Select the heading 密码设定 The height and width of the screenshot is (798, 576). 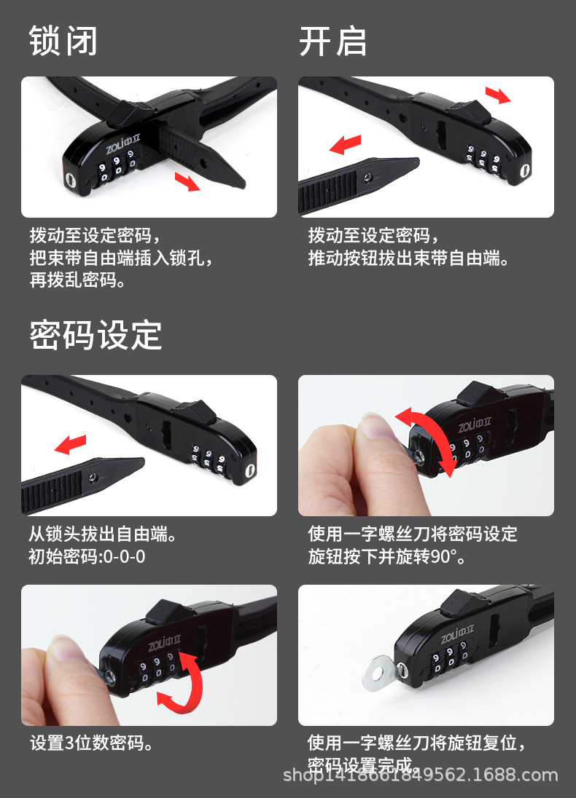pyautogui.click(x=96, y=335)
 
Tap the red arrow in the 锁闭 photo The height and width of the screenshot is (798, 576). pyautogui.click(x=187, y=181)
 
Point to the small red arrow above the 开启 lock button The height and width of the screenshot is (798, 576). pyautogui.click(x=498, y=94)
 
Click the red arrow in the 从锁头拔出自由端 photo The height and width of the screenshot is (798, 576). pyautogui.click(x=71, y=443)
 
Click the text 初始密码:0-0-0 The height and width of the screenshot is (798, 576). pyautogui.click(x=87, y=557)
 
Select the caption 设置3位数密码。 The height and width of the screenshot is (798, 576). pyautogui.click(x=92, y=743)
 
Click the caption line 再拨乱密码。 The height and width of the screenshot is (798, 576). pyautogui.click(x=77, y=280)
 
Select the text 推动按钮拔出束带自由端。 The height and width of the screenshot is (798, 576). pyautogui.click(x=408, y=258)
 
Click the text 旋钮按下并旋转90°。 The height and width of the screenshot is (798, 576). pyautogui.click(x=386, y=557)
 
